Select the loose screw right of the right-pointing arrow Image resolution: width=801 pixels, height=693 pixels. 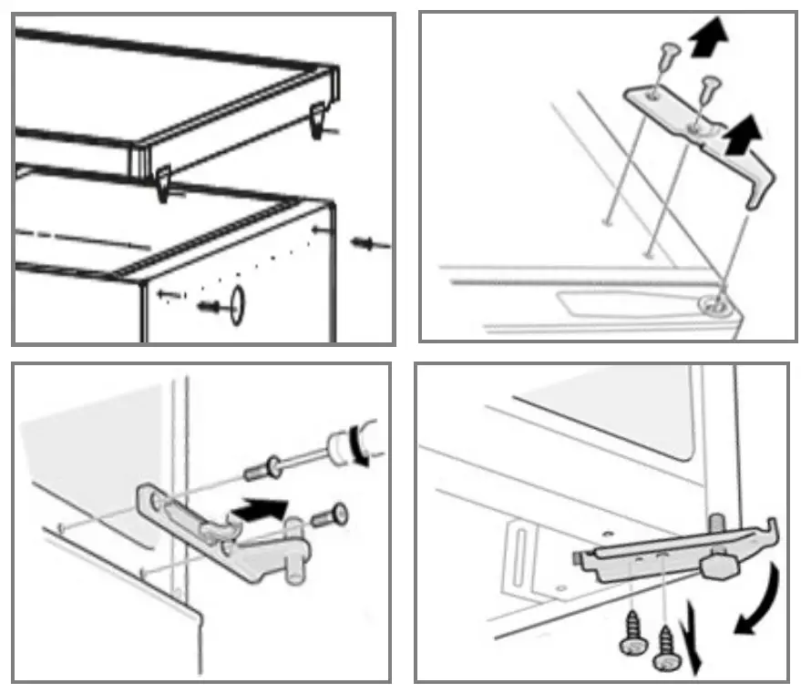(x=333, y=516)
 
